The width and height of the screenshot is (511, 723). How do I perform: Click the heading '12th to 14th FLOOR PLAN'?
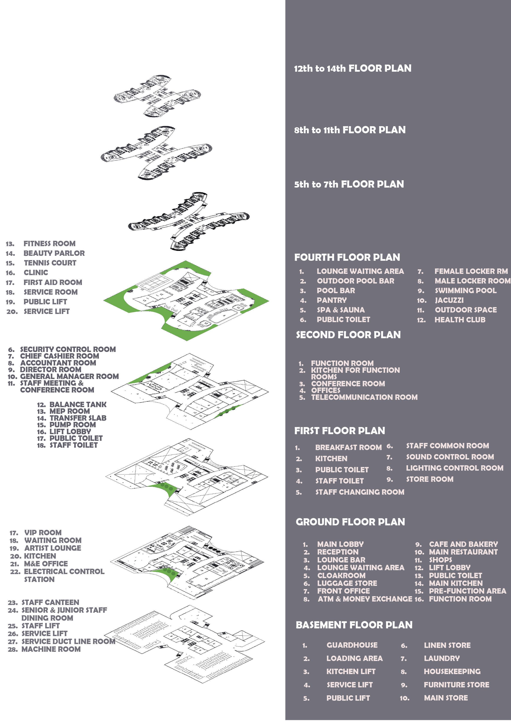(352, 68)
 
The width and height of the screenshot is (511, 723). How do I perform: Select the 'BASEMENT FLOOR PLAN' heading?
(354, 625)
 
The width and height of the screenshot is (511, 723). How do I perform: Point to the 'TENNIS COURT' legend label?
(50, 263)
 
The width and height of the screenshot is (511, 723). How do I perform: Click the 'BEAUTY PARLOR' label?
(54, 253)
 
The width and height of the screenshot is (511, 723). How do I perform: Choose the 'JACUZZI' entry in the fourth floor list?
(449, 300)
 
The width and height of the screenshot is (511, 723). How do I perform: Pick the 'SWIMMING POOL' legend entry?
(465, 290)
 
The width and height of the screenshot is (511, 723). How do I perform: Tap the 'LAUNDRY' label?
(441, 658)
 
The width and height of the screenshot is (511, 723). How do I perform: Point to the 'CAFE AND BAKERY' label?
(463, 544)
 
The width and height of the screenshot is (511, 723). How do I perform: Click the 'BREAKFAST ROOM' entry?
(348, 447)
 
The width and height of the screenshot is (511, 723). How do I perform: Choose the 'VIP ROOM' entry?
(43, 532)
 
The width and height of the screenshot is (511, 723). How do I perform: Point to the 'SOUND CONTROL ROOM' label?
(450, 457)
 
